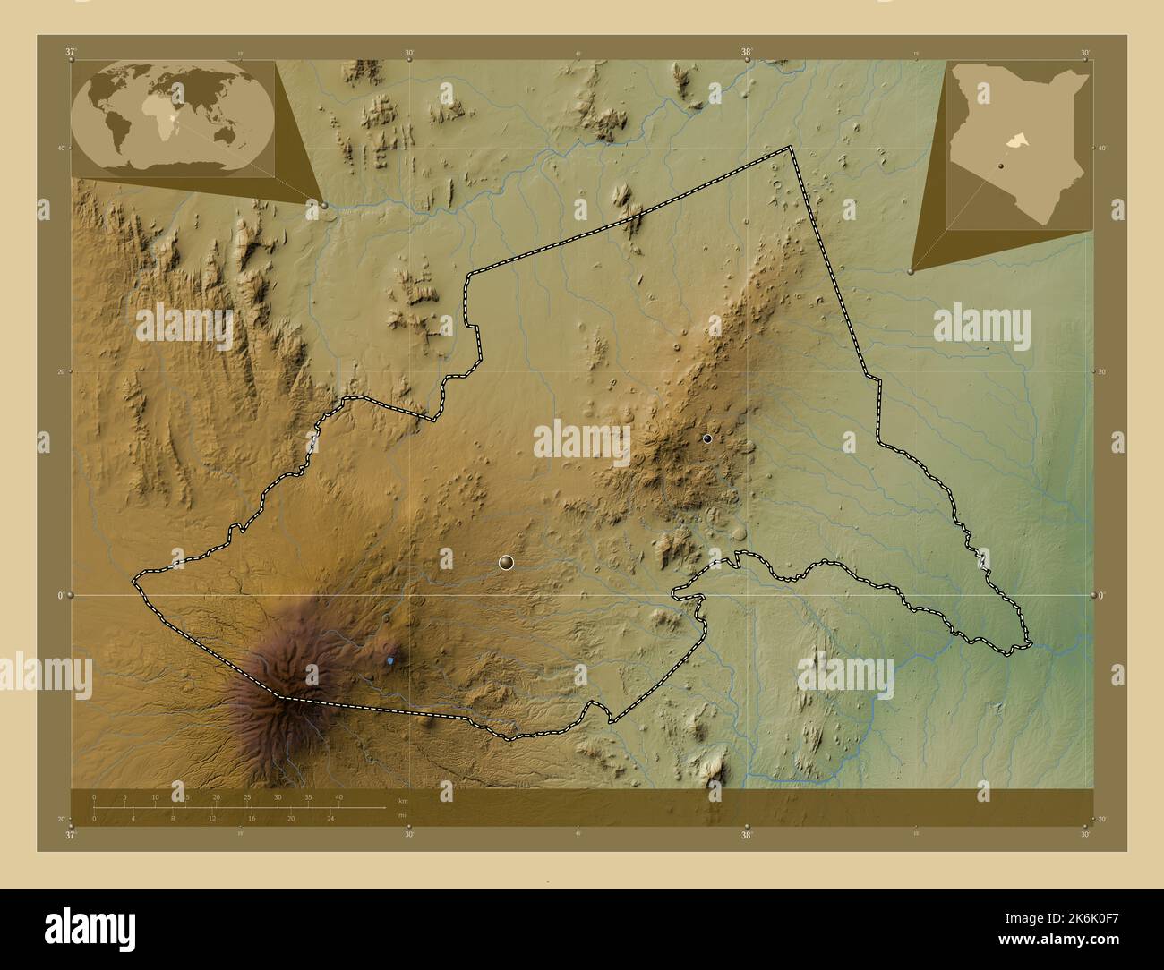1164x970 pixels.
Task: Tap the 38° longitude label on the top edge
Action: tap(746, 52)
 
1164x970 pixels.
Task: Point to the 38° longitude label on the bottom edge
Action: tap(746, 835)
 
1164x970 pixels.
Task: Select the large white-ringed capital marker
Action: tap(506, 562)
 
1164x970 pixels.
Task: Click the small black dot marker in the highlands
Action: tap(707, 438)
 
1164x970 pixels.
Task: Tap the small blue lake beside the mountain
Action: tap(390, 660)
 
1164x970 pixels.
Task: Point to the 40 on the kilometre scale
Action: tap(338, 797)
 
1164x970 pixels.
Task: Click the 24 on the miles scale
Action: tap(330, 818)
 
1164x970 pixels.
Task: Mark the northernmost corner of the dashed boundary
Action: tap(790, 147)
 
